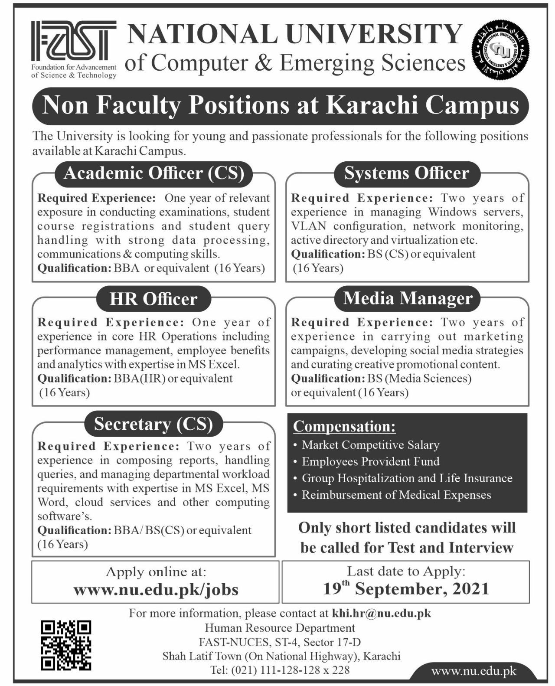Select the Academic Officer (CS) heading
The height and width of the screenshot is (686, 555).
(x=153, y=173)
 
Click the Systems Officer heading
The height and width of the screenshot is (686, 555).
(x=407, y=173)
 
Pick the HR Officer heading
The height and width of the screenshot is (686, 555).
(x=153, y=299)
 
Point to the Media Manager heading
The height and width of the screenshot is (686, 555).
(x=408, y=298)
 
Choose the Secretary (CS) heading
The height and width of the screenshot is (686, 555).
(x=153, y=424)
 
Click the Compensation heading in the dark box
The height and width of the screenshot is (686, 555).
(x=344, y=427)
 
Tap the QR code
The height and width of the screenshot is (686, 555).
(x=66, y=645)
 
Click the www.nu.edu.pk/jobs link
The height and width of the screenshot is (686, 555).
(x=156, y=589)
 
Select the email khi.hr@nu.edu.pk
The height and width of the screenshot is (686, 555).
(x=382, y=614)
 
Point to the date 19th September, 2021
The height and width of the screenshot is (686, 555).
(x=406, y=588)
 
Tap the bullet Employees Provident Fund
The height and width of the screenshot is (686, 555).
(x=370, y=461)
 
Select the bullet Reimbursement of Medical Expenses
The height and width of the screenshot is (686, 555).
(x=396, y=495)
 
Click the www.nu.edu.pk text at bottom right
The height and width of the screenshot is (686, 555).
(x=473, y=672)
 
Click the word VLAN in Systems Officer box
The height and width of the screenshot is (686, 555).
(x=307, y=226)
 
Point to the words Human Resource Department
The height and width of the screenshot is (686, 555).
(x=280, y=628)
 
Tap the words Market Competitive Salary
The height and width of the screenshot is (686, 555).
(x=370, y=445)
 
